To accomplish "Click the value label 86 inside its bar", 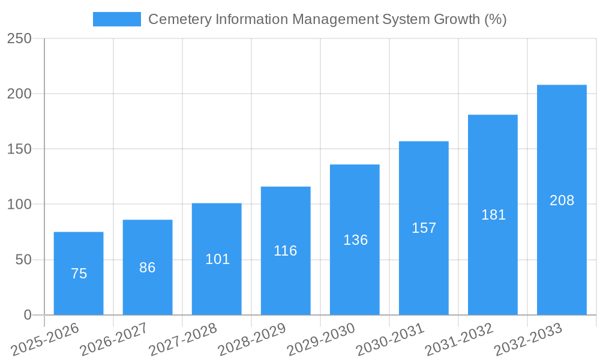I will click(148, 268).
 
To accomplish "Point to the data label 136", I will click(355, 240).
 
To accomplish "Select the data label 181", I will click(493, 215).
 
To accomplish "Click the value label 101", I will click(217, 259).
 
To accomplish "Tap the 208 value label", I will click(562, 200).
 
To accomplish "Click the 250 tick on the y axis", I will click(20, 39).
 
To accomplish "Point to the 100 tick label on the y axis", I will click(20, 205).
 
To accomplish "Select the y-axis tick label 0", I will click(28, 315).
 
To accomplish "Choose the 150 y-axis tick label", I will click(20, 149).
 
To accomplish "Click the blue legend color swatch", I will click(117, 19).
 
